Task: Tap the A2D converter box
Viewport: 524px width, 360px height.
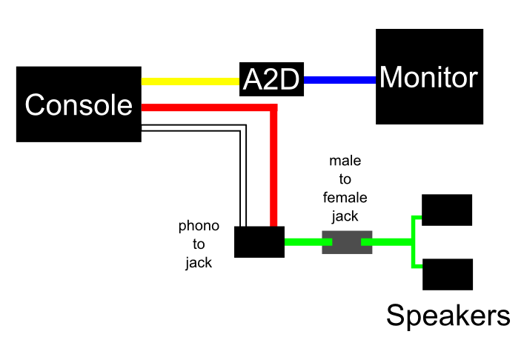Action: click(x=273, y=79)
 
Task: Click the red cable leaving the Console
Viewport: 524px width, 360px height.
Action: click(x=208, y=108)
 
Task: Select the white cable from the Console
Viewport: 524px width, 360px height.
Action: click(x=193, y=130)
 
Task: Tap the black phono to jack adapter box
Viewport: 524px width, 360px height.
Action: click(x=259, y=241)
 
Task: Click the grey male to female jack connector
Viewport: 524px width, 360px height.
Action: click(x=346, y=242)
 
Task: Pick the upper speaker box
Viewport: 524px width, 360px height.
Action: click(x=447, y=210)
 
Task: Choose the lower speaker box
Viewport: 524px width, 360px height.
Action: click(x=448, y=274)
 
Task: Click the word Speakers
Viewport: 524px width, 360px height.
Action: click(x=448, y=316)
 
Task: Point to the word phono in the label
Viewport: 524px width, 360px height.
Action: click(x=199, y=226)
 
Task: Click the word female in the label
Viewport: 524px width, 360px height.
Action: click(x=345, y=198)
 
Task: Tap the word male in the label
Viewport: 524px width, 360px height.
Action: click(x=345, y=161)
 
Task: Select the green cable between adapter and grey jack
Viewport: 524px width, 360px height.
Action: click(x=303, y=241)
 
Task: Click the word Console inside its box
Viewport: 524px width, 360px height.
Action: click(x=79, y=105)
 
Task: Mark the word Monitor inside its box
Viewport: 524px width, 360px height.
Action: click(x=429, y=78)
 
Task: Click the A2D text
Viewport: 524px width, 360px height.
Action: click(x=273, y=79)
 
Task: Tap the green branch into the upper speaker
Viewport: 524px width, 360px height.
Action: click(x=416, y=219)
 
